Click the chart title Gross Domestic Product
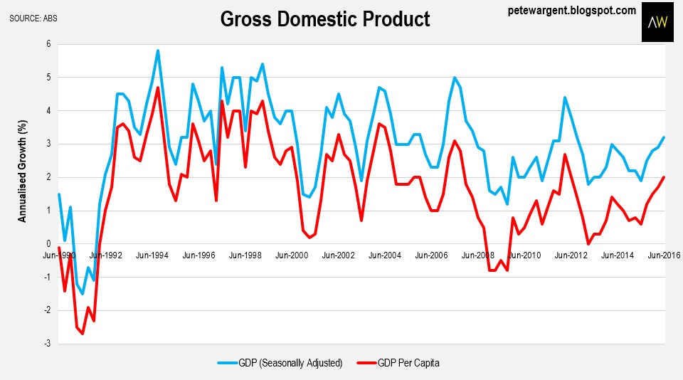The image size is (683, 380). pyautogui.click(x=325, y=19)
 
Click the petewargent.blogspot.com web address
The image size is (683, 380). pyautogui.click(x=572, y=10)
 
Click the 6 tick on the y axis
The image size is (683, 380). pyautogui.click(x=49, y=43)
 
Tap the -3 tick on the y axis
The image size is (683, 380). pyautogui.click(x=48, y=344)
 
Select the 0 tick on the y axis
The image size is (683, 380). pyautogui.click(x=49, y=243)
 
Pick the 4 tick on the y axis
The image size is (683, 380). pyautogui.click(x=49, y=110)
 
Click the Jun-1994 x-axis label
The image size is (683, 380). pyautogui.click(x=152, y=254)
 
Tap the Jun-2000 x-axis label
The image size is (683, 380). pyautogui.click(x=292, y=254)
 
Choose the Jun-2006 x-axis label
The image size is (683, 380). pyautogui.click(x=432, y=254)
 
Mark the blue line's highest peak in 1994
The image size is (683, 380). pyautogui.click(x=158, y=51)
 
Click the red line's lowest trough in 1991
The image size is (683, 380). pyautogui.click(x=83, y=333)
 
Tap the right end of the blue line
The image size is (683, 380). pyautogui.click(x=665, y=137)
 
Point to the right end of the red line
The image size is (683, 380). pyautogui.click(x=665, y=177)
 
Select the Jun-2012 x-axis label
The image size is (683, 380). pyautogui.click(x=571, y=254)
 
